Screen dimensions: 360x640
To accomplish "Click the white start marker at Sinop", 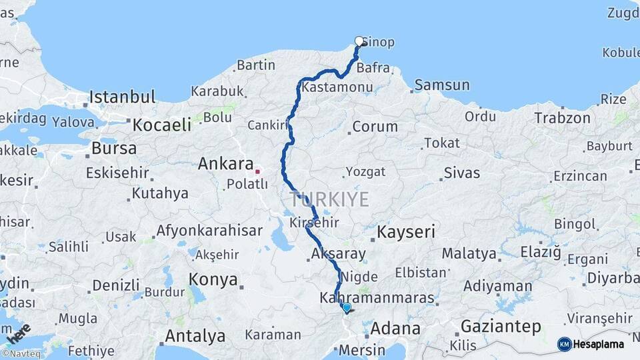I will tap(359, 41).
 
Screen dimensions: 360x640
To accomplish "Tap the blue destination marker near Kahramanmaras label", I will tap(346, 307).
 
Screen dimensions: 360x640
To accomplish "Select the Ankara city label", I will tap(225, 164).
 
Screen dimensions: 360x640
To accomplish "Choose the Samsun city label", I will tap(441, 85).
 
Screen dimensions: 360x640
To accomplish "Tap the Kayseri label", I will tap(406, 232).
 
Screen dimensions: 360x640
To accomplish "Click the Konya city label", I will tap(213, 279).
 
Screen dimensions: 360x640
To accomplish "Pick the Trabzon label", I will tap(562, 119).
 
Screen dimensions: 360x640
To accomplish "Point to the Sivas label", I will tap(461, 173).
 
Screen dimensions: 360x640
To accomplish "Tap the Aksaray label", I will tap(338, 253).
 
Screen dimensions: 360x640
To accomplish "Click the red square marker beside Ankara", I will tap(257, 171).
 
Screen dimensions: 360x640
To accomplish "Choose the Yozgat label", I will tap(365, 172).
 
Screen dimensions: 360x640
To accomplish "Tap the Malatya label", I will tap(469, 254).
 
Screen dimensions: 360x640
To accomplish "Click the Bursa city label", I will tap(114, 148).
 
